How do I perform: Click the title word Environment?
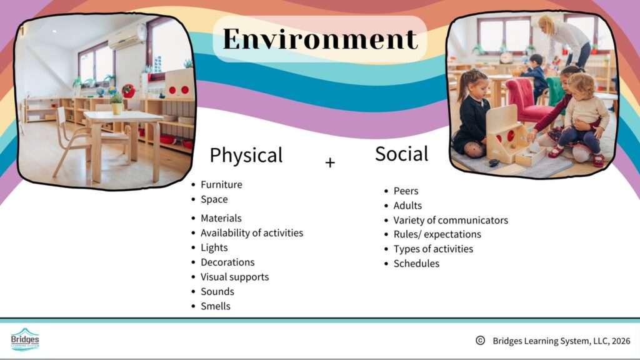321,39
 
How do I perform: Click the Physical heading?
246,156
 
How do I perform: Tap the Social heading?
402,154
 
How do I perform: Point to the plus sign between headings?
330,163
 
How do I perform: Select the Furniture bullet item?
221,184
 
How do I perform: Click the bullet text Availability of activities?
252,232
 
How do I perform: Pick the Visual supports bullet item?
235,277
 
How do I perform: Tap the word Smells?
216,306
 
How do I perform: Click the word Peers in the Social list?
406,191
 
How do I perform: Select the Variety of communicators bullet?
451,220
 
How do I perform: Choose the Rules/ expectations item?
437,234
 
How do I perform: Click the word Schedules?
416,264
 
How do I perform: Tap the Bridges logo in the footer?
25,339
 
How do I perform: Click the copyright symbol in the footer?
481,341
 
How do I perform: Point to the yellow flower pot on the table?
117,107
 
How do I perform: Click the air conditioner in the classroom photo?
127,37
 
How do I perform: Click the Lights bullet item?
214,247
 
